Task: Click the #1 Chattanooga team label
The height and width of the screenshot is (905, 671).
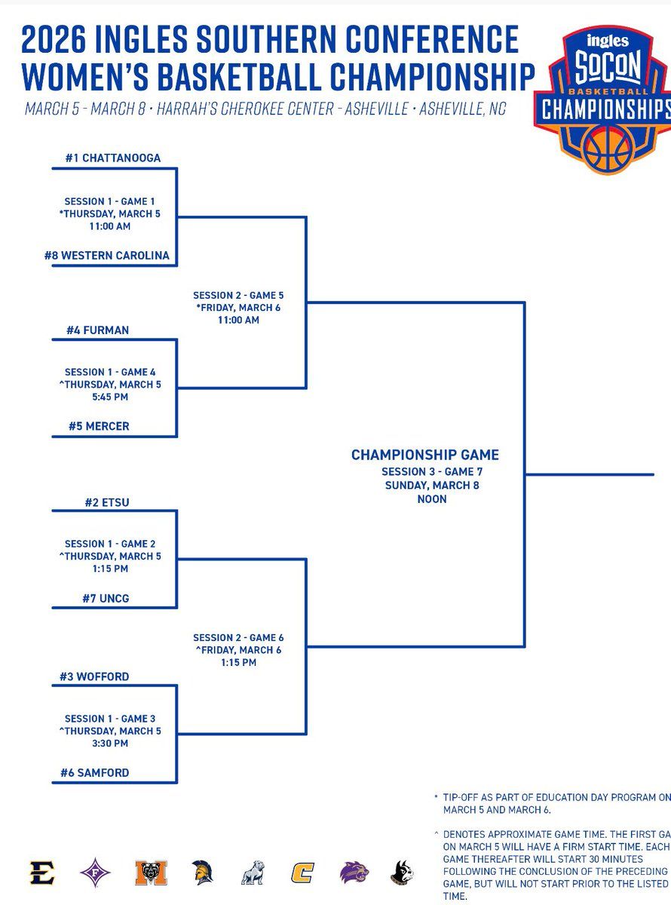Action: tap(112, 158)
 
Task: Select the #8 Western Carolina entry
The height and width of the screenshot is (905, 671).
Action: tap(106, 256)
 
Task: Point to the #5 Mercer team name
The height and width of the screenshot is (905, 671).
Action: tap(99, 426)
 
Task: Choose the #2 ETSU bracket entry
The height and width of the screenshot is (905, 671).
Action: tap(107, 502)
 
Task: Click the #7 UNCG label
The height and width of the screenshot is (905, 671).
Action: tap(106, 598)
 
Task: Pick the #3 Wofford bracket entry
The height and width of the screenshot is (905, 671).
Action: tap(94, 676)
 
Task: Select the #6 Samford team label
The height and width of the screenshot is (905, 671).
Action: tap(95, 772)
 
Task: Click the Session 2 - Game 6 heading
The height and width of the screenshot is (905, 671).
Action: tap(238, 638)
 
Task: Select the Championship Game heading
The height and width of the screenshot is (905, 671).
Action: tap(425, 455)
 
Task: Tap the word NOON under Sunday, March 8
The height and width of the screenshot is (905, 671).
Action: tap(431, 499)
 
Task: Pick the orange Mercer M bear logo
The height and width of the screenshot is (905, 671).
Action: tap(151, 873)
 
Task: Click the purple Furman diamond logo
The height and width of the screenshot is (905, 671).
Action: tap(95, 873)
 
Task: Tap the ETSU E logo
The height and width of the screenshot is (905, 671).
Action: tap(42, 873)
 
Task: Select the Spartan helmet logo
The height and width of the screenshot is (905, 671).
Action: tap(202, 873)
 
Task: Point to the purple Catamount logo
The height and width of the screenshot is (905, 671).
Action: tap(354, 873)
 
